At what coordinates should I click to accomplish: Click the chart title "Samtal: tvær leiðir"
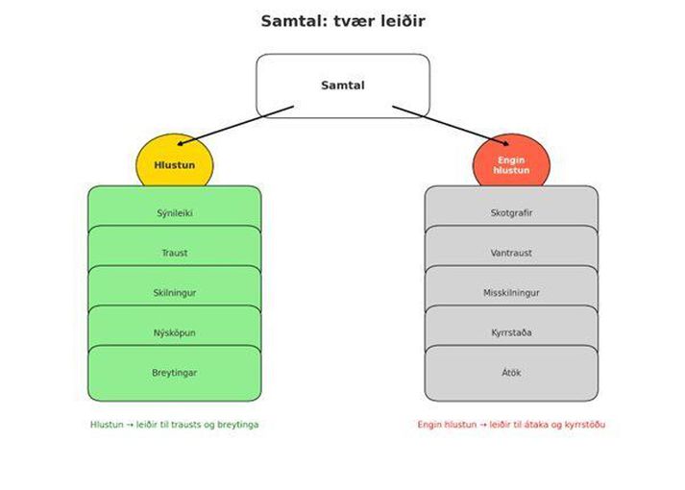[342, 21]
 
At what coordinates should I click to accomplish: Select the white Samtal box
[342, 86]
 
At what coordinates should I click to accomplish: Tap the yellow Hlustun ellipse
[174, 164]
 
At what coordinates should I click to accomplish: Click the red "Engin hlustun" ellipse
[511, 164]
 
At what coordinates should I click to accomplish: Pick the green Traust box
[174, 252]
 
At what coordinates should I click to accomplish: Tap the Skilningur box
[174, 292]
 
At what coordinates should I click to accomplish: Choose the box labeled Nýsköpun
[174, 332]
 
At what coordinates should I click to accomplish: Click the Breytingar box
[174, 373]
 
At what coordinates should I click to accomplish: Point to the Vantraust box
[511, 252]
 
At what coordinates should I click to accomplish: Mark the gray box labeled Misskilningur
[511, 292]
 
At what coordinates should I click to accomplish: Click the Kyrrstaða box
[511, 332]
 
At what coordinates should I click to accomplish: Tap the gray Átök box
[511, 373]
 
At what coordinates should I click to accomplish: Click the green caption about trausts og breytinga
[174, 425]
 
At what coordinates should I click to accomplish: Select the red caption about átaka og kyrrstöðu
[511, 425]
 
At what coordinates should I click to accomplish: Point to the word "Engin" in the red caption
[429, 425]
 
